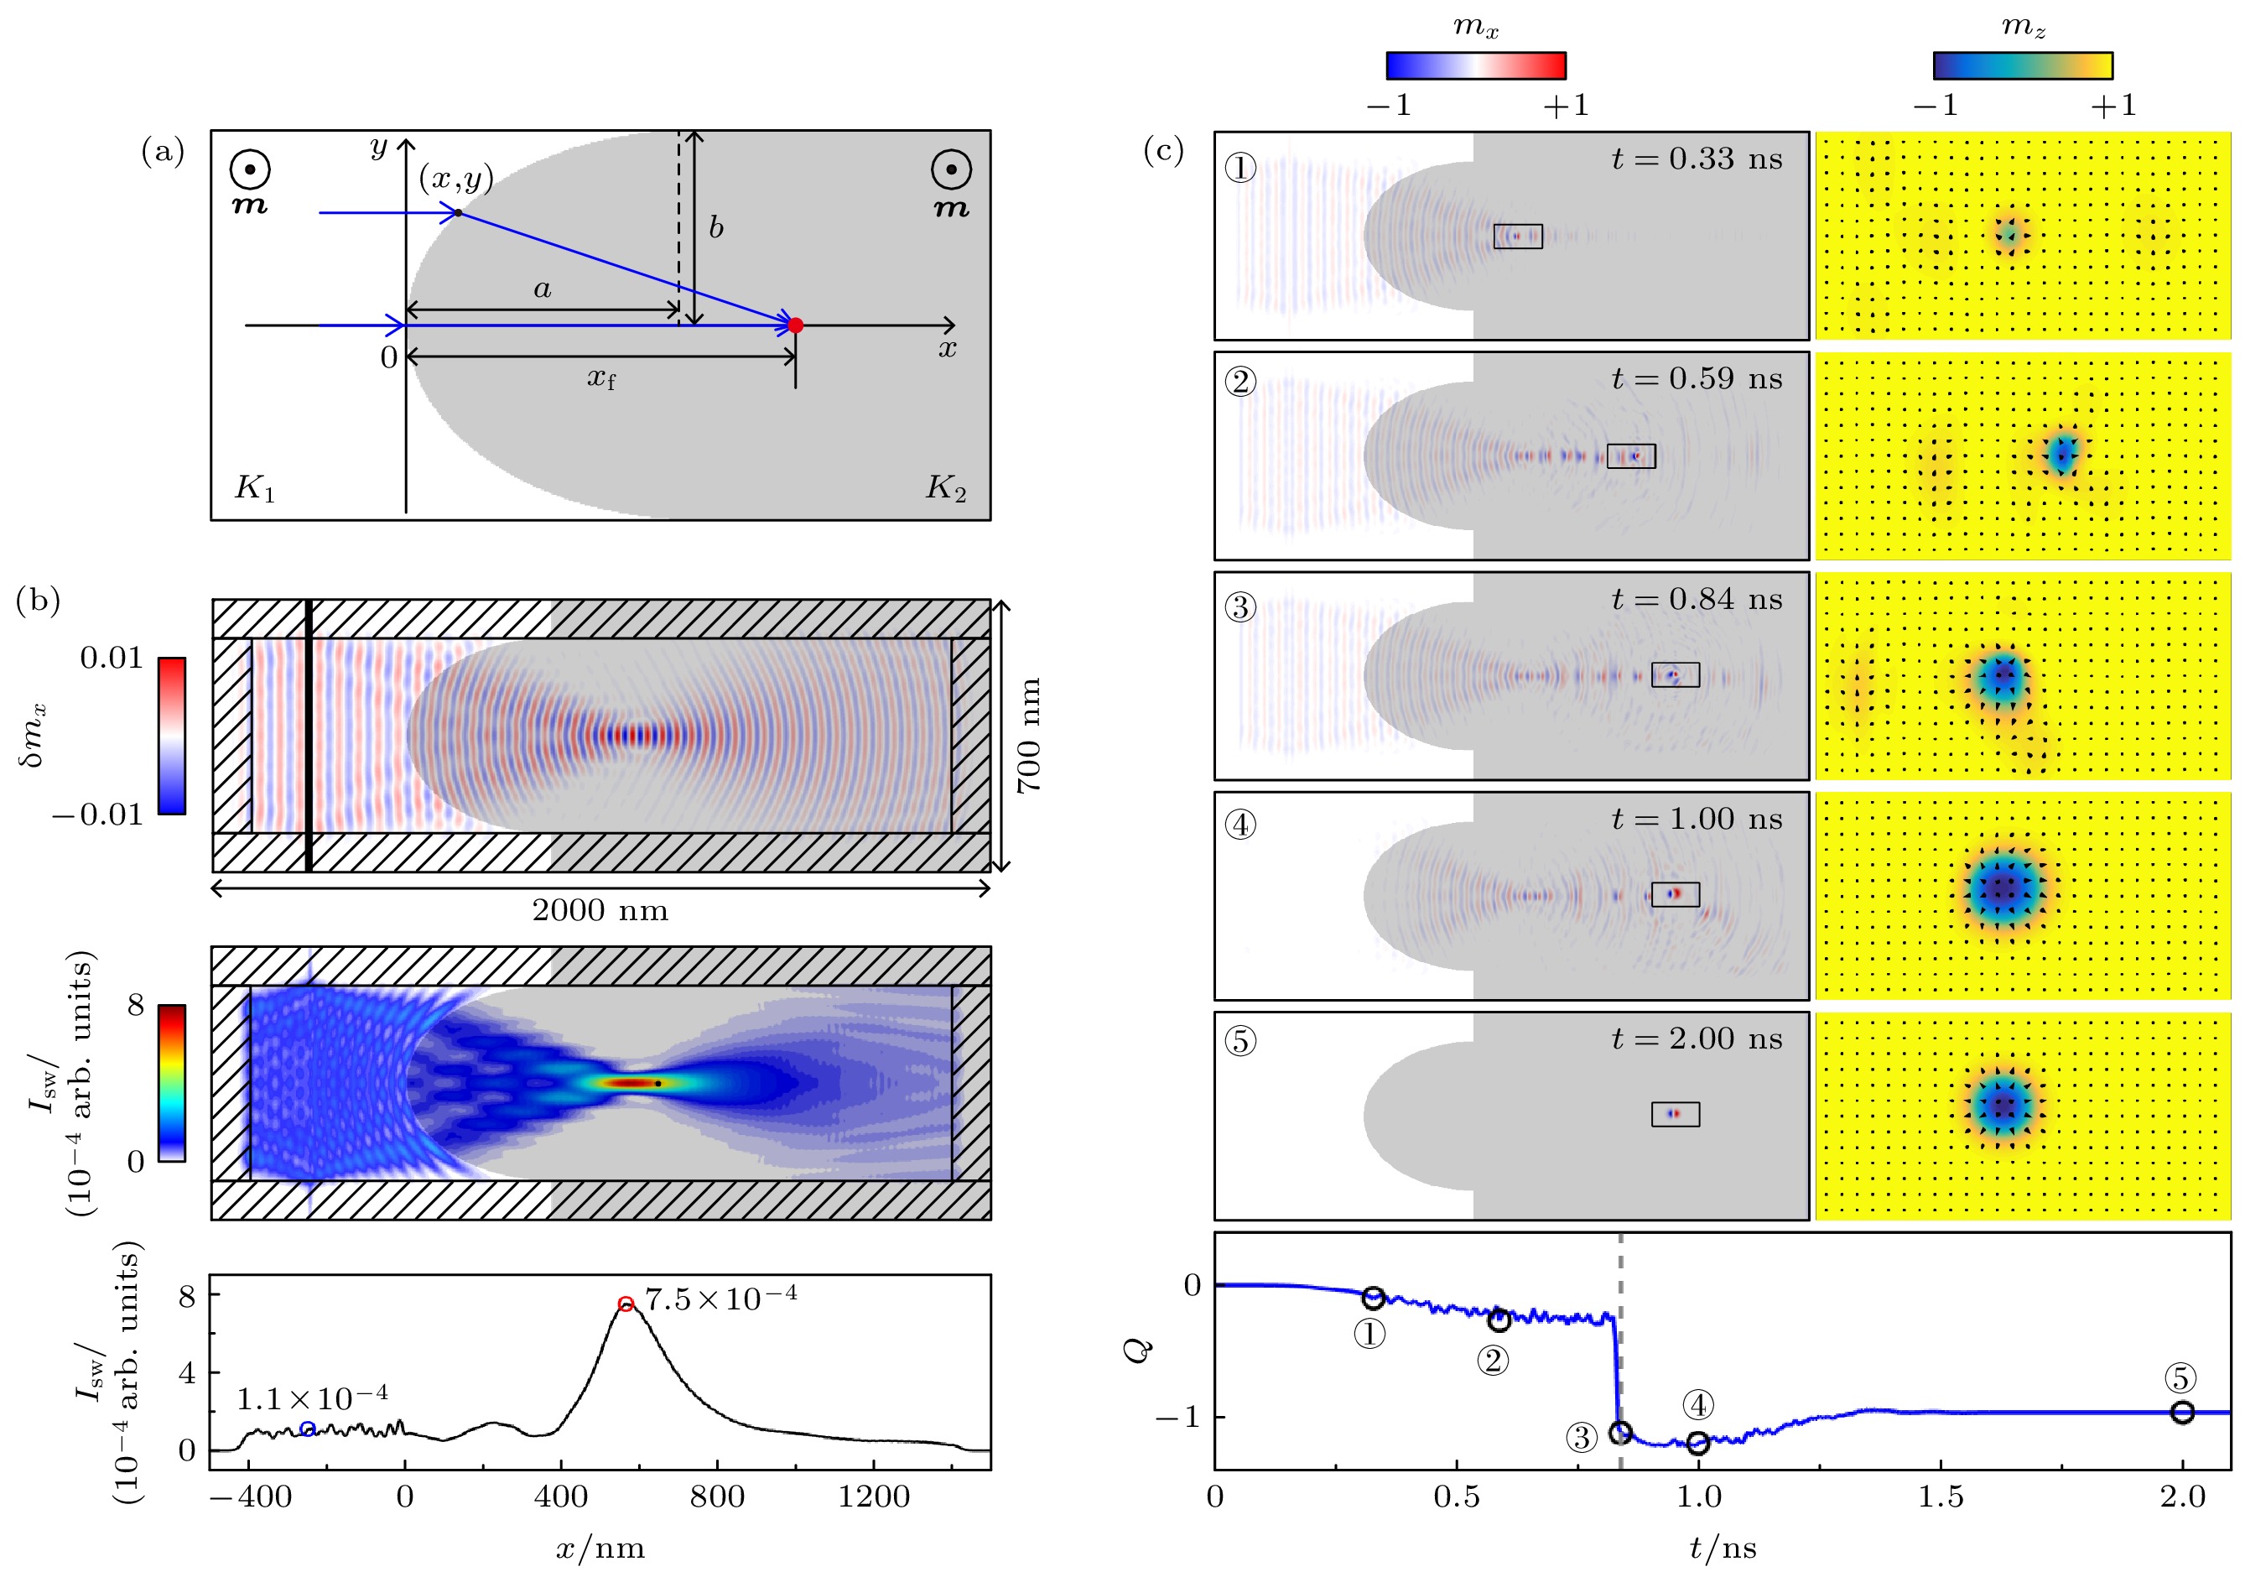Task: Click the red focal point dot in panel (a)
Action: pos(795,325)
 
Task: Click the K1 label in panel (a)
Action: pos(254,487)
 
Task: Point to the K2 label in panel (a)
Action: pos(945,487)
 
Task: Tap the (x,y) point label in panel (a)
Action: pos(455,179)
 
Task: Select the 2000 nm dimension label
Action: pos(600,911)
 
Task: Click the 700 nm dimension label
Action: pos(1029,735)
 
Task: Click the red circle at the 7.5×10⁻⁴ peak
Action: pos(626,1303)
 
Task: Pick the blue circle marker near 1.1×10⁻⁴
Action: pos(308,1429)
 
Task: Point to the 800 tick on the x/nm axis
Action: pos(717,1497)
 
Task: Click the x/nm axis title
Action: pos(600,1549)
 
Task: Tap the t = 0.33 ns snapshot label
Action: pos(1697,159)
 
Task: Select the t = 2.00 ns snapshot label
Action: pos(1697,1038)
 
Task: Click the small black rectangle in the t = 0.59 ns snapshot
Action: pos(1631,455)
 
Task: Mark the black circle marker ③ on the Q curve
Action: pos(1620,1432)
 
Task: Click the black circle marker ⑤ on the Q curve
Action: pos(2181,1412)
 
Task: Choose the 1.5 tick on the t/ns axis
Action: pos(1940,1497)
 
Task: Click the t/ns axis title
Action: pos(1723,1549)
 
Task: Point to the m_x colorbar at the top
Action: pos(1475,65)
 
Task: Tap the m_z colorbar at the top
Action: pos(2022,65)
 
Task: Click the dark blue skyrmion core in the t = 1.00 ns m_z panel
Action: pos(2004,888)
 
